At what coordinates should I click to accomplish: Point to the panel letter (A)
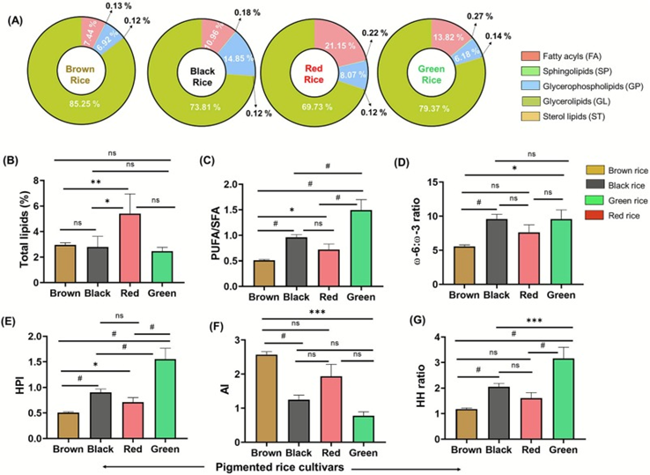pyautogui.click(x=16, y=11)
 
